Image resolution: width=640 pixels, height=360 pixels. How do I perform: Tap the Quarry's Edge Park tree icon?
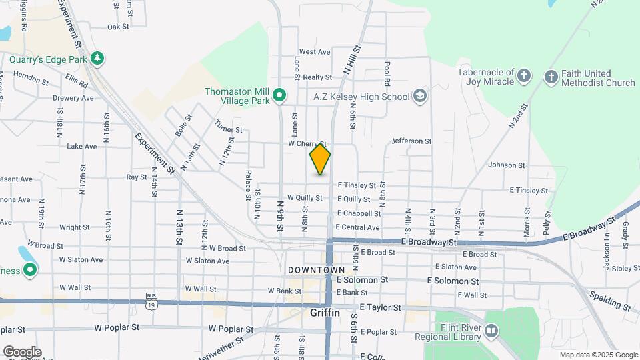pyautogui.click(x=98, y=59)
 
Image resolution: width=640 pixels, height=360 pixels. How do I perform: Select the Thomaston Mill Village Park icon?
pyautogui.click(x=280, y=97)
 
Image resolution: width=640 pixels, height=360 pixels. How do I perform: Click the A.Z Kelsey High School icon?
pyautogui.click(x=419, y=97)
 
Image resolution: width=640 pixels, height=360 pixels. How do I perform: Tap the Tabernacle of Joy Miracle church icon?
pyautogui.click(x=524, y=76)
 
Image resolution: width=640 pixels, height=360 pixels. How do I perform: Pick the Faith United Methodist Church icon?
pyautogui.click(x=551, y=77)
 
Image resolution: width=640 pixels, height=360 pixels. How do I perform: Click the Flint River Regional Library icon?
pyautogui.click(x=491, y=331)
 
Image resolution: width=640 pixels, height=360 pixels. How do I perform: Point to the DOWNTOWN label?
pyautogui.click(x=316, y=270)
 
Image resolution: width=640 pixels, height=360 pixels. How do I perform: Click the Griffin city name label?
pyautogui.click(x=325, y=312)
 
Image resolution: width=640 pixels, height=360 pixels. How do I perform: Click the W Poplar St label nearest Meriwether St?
pyautogui.click(x=231, y=329)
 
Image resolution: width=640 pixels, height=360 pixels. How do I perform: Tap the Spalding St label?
pyautogui.click(x=609, y=301)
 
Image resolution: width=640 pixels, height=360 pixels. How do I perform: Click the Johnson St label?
pyautogui.click(x=507, y=165)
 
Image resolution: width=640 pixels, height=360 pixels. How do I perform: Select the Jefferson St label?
pyautogui.click(x=411, y=141)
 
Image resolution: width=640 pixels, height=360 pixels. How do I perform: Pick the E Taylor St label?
pyautogui.click(x=380, y=308)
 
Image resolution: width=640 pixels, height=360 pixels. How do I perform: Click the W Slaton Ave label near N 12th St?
pyautogui.click(x=207, y=261)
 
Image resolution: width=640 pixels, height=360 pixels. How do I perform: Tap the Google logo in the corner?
pyautogui.click(x=22, y=352)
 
